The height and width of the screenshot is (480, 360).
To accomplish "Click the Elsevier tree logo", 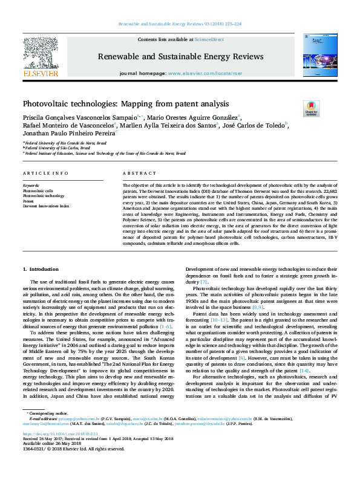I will [x=41, y=54].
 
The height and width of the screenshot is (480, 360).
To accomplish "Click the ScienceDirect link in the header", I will [x=211, y=39].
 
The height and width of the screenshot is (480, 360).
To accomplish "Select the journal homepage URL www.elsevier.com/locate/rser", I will [x=202, y=73].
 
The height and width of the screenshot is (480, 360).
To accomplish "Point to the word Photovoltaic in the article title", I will [x=45, y=103].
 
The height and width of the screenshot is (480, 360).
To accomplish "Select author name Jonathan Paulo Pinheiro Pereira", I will [x=68, y=134].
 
